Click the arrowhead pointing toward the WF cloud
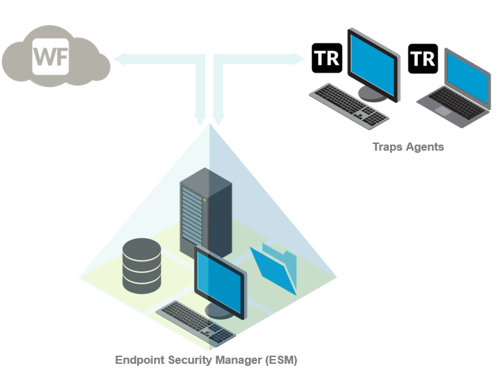pyautogui.click(x=120, y=60)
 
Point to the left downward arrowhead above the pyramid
pyautogui.click(x=201, y=119)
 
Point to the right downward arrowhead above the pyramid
pyautogui.click(x=218, y=119)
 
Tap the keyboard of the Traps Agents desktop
pyautogui.click(x=349, y=104)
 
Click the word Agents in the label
pyautogui.click(x=425, y=147)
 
